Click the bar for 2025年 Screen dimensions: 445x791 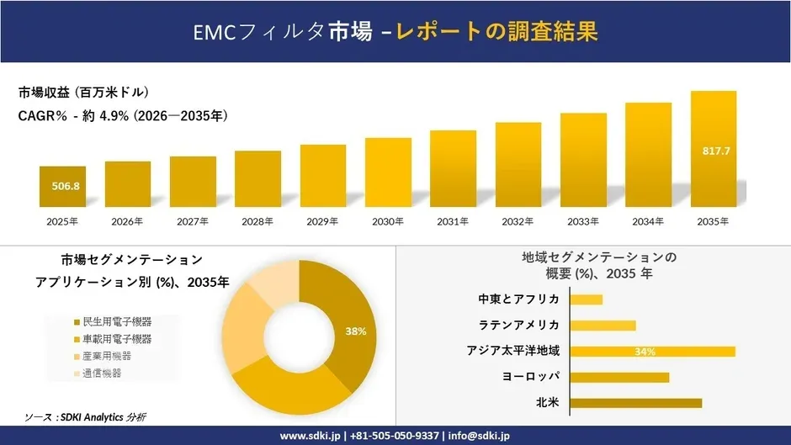point(62,186)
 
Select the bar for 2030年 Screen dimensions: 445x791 point(388,172)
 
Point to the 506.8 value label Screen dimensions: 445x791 point(62,186)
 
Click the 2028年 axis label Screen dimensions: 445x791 point(257,221)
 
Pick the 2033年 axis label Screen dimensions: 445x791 point(583,221)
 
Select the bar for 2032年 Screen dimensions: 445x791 point(518,165)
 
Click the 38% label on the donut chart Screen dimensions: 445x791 point(355,331)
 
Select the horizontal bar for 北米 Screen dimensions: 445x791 point(635,403)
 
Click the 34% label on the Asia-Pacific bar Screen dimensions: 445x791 point(645,352)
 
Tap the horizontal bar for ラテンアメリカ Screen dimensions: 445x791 point(603,326)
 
